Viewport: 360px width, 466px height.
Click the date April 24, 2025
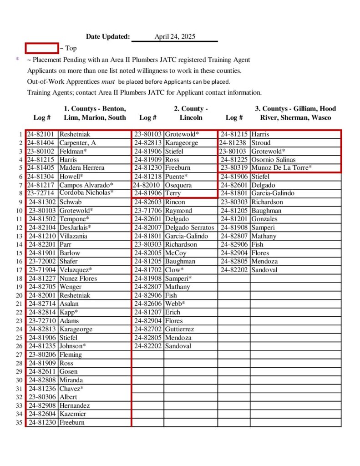point(175,37)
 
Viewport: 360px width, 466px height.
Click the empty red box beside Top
point(41,48)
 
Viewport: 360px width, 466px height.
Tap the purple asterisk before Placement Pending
point(17,60)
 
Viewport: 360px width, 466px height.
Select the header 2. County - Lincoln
point(191,113)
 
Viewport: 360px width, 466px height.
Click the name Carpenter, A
point(77,143)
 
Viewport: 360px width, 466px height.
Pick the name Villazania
point(75,236)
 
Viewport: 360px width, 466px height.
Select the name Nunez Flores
point(78,279)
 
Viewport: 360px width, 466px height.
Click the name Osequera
point(178,185)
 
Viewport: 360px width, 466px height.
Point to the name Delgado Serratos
point(189,228)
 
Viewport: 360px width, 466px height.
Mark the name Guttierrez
point(179,329)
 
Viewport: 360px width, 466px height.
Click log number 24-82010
point(147,185)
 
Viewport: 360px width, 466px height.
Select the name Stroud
point(261,143)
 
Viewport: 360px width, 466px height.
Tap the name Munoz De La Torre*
point(281,168)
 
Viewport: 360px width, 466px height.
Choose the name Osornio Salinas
point(273,160)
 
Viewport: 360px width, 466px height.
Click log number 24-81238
point(234,143)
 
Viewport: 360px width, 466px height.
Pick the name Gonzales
point(264,219)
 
